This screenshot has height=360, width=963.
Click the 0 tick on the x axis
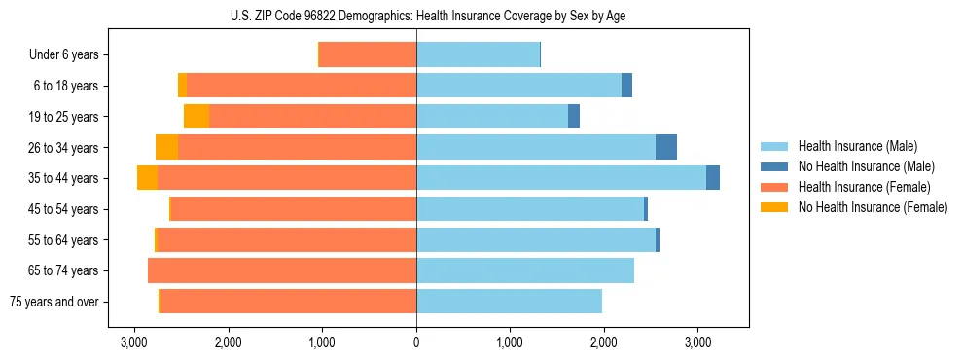416,343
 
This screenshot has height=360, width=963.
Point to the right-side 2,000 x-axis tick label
604,343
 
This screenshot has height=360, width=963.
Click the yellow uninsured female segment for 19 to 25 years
196,117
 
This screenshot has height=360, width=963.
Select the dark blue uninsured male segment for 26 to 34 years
666,147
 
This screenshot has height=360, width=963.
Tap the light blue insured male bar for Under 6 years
478,55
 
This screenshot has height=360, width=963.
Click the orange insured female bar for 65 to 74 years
282,270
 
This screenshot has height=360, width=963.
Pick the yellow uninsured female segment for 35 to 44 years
147,178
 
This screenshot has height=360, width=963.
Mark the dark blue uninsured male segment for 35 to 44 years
713,178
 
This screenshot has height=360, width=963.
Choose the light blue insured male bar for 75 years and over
509,302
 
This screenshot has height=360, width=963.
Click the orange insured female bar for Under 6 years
368,55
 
